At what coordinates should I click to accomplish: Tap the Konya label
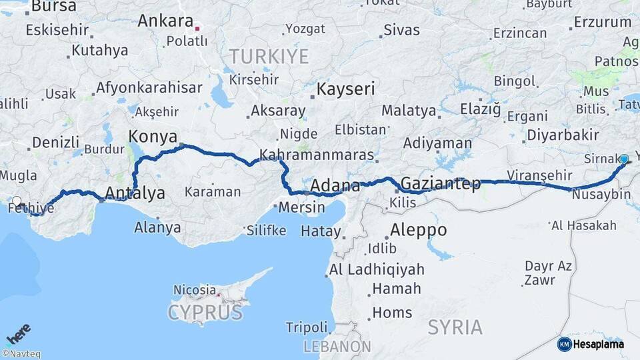(x=152, y=137)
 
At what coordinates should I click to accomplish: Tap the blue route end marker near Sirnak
(x=624, y=159)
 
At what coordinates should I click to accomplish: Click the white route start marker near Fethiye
(x=17, y=200)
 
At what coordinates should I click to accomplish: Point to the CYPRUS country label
(x=205, y=312)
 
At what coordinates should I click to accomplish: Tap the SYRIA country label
(x=455, y=327)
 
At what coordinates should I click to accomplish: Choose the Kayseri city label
(x=346, y=89)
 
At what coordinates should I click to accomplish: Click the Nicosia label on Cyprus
(x=195, y=290)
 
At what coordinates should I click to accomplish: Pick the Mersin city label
(x=302, y=207)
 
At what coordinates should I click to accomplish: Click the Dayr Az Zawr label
(x=548, y=273)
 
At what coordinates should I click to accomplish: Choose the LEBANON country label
(x=337, y=347)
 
